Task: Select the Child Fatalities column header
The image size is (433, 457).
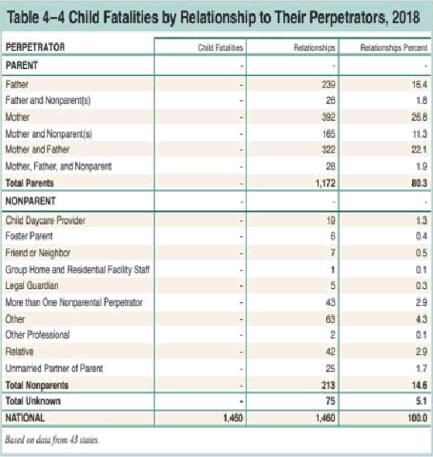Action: [x=221, y=48]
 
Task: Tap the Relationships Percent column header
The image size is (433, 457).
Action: [x=393, y=48]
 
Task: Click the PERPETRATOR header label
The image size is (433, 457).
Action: [x=36, y=47]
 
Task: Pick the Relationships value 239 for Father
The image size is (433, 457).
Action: [x=328, y=84]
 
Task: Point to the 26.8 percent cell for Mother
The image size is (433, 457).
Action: [x=419, y=117]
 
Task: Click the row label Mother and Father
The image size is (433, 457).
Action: [x=37, y=149]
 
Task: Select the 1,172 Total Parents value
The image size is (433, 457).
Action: [x=325, y=183]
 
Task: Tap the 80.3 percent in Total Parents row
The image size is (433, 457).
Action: [x=419, y=183]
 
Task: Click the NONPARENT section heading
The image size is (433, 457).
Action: [x=30, y=201]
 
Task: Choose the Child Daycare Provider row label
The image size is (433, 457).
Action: [x=46, y=221]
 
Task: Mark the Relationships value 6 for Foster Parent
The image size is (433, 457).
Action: [x=333, y=236]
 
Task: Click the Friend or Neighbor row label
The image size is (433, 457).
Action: [x=38, y=253]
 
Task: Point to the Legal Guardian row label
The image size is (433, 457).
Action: [x=32, y=286]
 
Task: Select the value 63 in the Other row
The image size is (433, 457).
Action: [x=331, y=319]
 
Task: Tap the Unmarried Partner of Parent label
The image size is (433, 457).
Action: [x=54, y=369]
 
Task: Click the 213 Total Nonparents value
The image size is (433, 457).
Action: [x=328, y=385]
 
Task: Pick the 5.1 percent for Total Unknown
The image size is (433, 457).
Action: [x=421, y=401]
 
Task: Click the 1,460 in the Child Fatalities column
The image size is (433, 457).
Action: [x=233, y=418]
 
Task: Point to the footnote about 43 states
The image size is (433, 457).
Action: [x=52, y=439]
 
